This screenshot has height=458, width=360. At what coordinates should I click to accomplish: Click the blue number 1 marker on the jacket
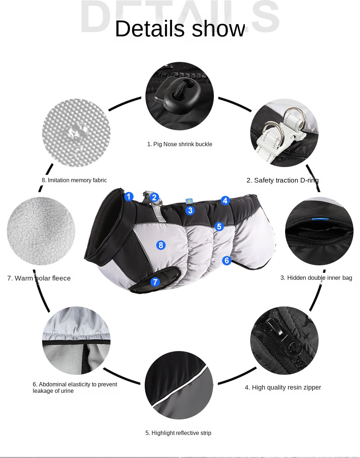click(x=129, y=197)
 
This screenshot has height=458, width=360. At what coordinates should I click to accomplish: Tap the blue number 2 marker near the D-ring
click(x=154, y=197)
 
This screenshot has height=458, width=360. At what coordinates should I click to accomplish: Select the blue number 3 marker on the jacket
click(x=190, y=211)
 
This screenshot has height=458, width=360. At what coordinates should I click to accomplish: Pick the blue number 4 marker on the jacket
click(x=225, y=201)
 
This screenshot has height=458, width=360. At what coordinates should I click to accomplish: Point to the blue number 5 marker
click(x=219, y=226)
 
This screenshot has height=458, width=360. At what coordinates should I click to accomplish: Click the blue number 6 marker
click(x=226, y=260)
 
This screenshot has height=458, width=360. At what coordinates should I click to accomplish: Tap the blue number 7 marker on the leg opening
click(x=155, y=282)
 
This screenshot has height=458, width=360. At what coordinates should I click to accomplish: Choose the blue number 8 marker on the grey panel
click(x=161, y=245)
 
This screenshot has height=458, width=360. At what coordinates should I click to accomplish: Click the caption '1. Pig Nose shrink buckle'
click(x=180, y=144)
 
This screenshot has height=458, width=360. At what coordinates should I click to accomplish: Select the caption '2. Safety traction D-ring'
click(x=283, y=180)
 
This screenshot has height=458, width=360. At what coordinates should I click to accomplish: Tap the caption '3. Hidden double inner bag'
click(x=316, y=278)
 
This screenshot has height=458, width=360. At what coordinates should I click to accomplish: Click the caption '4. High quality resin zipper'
click(x=283, y=387)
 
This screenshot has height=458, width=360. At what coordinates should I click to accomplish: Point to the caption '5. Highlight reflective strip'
click(x=178, y=433)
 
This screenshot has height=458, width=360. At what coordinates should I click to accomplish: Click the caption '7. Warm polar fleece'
click(x=39, y=278)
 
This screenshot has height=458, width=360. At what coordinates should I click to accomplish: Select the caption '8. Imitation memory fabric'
click(x=74, y=180)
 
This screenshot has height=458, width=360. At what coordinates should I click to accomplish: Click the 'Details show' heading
click(x=180, y=28)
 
